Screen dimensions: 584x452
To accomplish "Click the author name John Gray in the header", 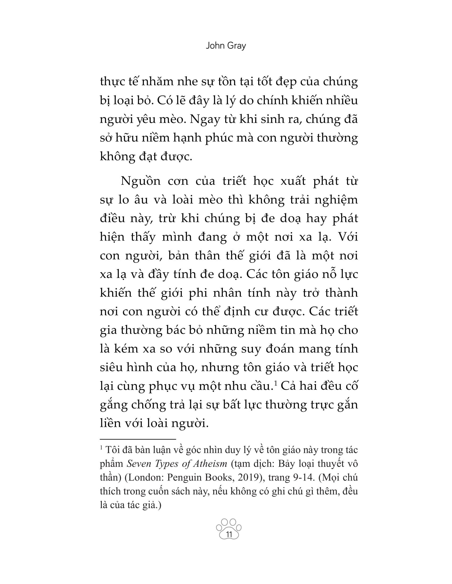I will [226, 46].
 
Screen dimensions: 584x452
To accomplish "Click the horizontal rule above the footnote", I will [138, 439].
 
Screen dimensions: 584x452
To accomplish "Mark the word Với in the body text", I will [348, 237].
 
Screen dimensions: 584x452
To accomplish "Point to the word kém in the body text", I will [129, 349].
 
